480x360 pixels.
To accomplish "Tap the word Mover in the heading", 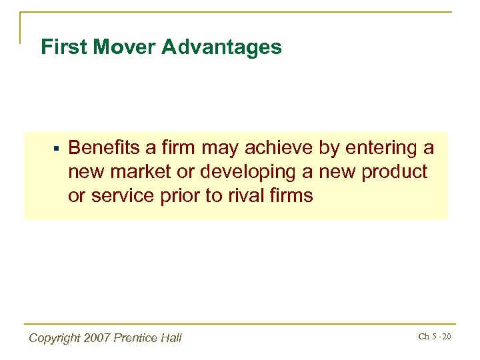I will click(x=117, y=47).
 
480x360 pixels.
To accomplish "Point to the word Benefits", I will click(x=103, y=147).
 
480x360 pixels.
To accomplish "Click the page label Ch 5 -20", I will click(x=435, y=336).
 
